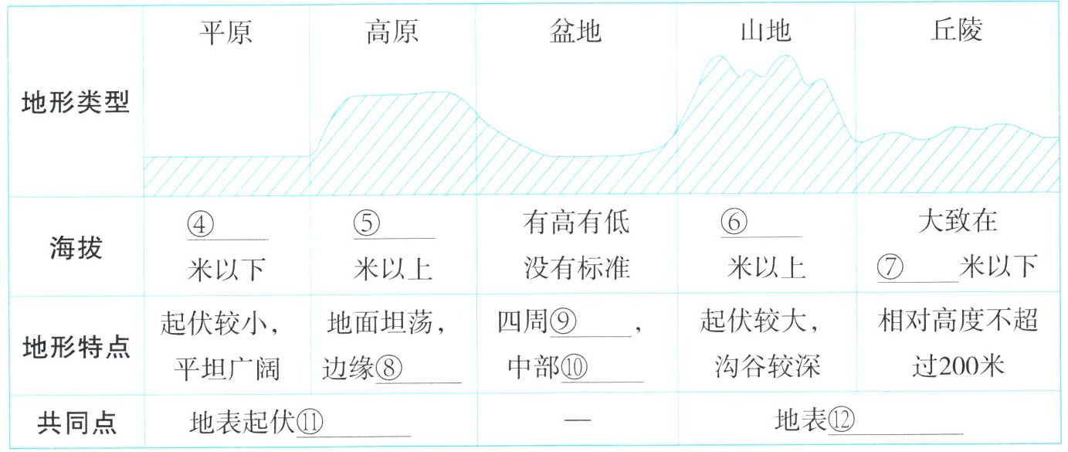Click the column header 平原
click(x=226, y=32)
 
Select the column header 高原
click(x=392, y=32)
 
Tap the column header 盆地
click(x=576, y=32)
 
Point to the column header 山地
click(x=766, y=32)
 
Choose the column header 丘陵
click(x=957, y=32)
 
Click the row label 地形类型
click(x=75, y=104)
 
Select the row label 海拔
click(x=75, y=248)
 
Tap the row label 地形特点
click(x=75, y=345)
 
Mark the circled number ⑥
click(x=734, y=223)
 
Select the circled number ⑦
click(x=893, y=267)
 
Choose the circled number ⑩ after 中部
click(x=574, y=369)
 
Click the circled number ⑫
click(x=840, y=421)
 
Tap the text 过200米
click(x=957, y=365)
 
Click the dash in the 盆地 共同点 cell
click(x=577, y=421)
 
